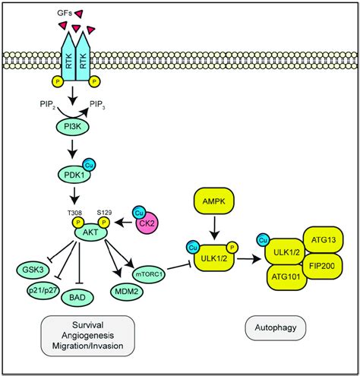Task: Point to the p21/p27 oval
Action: [x=57, y=291]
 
